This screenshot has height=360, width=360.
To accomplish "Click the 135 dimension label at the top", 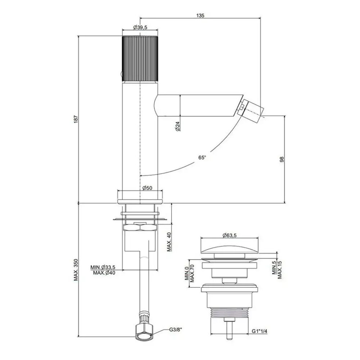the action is (200, 15).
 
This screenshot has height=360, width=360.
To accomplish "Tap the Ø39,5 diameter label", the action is (140, 27).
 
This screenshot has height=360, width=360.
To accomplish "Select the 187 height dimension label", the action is (76, 119).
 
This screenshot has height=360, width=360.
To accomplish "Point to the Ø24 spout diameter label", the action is (177, 126).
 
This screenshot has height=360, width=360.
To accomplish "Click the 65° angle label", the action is (202, 158).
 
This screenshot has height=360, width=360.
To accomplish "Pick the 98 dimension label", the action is (282, 159).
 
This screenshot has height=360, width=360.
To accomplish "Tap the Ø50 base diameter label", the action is (147, 188).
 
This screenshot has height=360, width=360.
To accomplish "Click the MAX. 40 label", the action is (169, 242).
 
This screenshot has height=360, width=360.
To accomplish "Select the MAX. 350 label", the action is (76, 270).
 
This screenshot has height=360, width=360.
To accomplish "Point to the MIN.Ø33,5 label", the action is (103, 267).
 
